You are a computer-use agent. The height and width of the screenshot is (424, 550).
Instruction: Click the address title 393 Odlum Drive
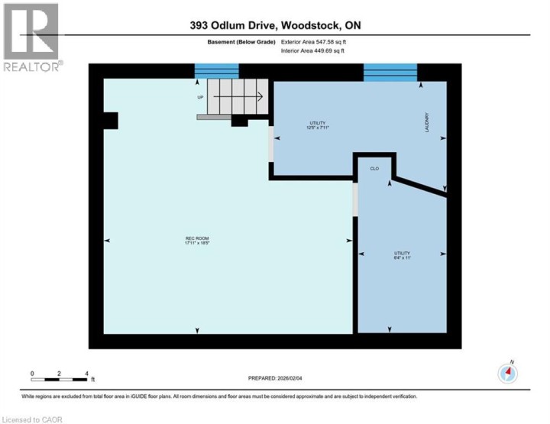point(275,25)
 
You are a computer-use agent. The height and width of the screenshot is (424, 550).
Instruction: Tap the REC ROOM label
point(196,241)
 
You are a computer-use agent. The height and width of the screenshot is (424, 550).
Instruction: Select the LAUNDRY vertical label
point(428,124)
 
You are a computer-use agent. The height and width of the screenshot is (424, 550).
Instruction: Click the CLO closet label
point(374,168)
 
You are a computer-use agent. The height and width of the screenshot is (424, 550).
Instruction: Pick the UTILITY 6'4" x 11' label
point(402,255)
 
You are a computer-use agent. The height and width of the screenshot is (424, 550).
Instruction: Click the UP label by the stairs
point(200,98)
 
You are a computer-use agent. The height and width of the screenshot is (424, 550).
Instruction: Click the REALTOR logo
point(31,38)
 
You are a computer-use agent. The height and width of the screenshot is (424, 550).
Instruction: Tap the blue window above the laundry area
point(390,73)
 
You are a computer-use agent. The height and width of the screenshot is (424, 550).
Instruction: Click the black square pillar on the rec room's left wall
point(110,121)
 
